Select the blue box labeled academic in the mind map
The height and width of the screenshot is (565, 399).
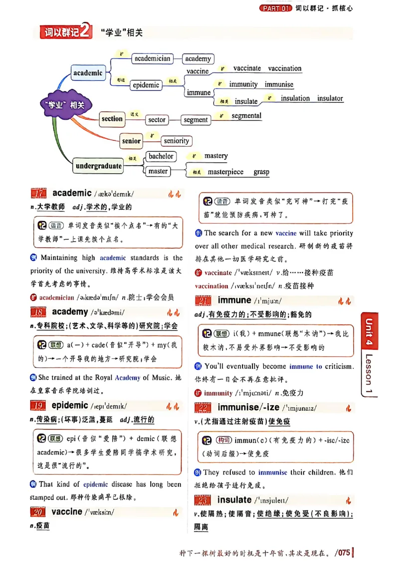point(88,73)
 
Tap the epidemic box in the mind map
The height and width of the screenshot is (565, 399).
point(146,85)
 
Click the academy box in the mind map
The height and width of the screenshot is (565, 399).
point(198,59)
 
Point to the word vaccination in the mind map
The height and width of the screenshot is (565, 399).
point(285,68)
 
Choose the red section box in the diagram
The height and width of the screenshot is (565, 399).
point(112,119)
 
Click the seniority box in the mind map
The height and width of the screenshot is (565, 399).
point(176,141)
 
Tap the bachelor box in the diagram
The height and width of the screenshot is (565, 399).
point(161,156)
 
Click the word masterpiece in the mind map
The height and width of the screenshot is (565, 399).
point(225,172)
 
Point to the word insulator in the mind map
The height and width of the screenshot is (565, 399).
point(330,98)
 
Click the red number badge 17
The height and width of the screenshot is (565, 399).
point(38,194)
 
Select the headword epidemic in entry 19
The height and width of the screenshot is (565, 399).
point(70,405)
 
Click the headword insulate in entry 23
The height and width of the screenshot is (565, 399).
point(234,500)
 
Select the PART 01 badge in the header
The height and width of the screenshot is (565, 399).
point(276,8)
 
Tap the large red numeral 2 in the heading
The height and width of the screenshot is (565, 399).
point(85,32)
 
